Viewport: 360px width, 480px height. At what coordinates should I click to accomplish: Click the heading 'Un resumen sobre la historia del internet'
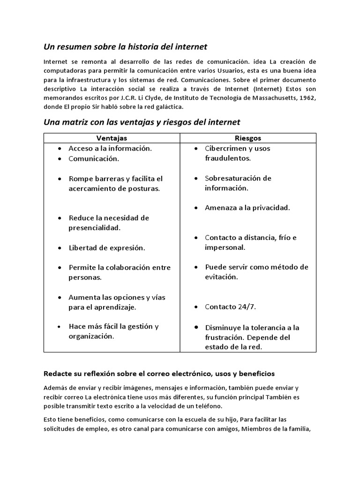(125, 47)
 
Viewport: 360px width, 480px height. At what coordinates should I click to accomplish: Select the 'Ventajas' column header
(112, 138)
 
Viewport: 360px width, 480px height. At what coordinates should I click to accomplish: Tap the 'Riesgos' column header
(248, 138)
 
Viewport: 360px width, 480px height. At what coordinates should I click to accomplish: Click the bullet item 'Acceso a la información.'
(110, 148)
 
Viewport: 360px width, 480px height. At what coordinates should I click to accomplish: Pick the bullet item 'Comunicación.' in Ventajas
(94, 158)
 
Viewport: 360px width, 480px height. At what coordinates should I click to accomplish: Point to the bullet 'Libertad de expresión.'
(107, 247)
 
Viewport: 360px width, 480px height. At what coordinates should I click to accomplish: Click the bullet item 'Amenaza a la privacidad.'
(247, 208)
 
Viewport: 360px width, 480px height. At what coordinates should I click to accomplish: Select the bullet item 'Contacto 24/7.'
(230, 307)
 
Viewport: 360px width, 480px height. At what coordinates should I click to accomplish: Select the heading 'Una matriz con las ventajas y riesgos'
(142, 122)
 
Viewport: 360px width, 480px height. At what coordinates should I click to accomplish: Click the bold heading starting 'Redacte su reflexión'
(159, 374)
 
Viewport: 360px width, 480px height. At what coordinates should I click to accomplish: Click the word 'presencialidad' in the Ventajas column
(95, 228)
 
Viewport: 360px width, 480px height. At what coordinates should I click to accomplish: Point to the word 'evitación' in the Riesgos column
(221, 277)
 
